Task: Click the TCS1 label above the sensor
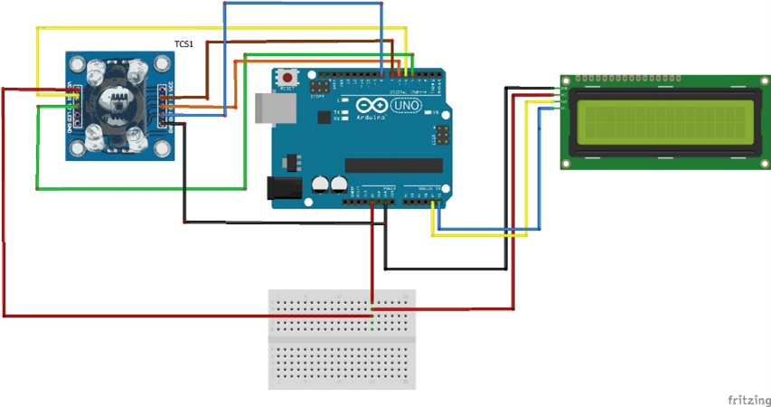[x=183, y=43]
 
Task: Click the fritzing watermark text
[x=748, y=398]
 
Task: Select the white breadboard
[x=342, y=339]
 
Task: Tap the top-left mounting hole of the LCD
[x=566, y=82]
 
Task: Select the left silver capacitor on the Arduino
[x=321, y=184]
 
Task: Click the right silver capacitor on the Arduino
[x=339, y=184]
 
